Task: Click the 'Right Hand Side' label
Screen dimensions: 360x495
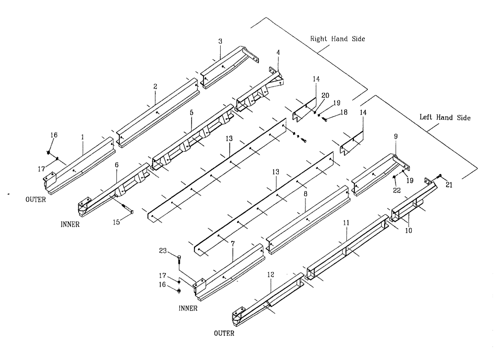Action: click(338, 39)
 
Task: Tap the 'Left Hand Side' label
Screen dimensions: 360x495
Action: click(445, 118)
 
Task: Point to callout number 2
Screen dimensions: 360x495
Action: click(155, 86)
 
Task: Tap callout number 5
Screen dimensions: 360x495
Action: click(191, 113)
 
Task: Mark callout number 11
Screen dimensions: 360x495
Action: click(346, 223)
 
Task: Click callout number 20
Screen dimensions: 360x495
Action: click(325, 96)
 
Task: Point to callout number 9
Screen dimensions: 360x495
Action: click(396, 135)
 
